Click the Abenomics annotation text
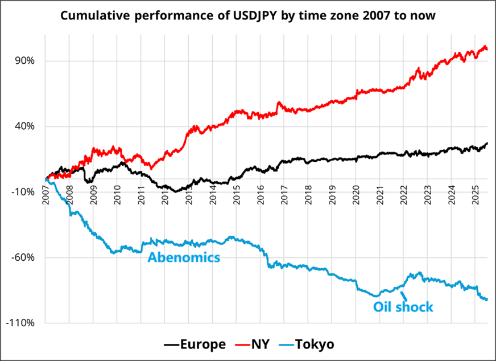(x=184, y=257)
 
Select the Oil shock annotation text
(x=403, y=307)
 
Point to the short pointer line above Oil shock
(x=403, y=295)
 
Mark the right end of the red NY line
(x=487, y=50)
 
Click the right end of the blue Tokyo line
(x=487, y=300)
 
